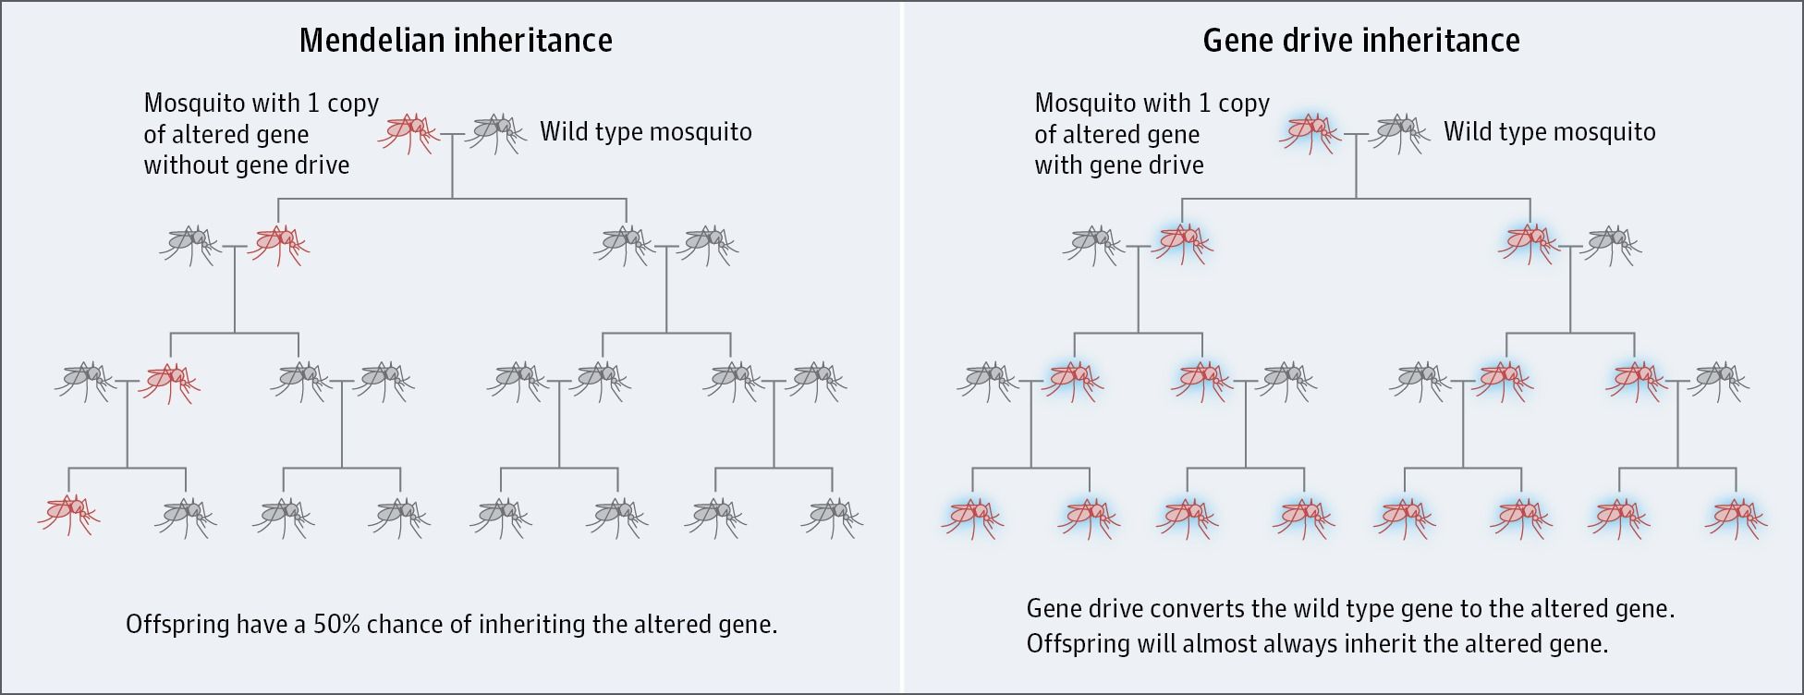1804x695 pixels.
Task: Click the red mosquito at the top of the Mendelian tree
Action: click(407, 132)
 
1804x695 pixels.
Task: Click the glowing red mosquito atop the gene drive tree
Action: click(1309, 132)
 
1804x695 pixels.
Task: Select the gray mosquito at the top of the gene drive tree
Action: click(1398, 132)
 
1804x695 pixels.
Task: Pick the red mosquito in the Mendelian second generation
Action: click(278, 243)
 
